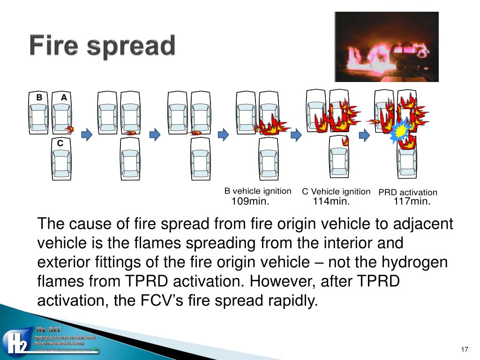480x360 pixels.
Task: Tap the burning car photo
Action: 386,47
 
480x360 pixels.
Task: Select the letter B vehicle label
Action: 39,97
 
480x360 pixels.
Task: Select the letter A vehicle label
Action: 64,97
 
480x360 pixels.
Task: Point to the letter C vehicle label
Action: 60,143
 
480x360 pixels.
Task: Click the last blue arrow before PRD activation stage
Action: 364,135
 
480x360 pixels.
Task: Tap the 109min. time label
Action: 250,202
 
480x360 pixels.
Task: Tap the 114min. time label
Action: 331,202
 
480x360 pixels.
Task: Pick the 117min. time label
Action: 412,202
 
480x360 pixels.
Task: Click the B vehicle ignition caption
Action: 258,191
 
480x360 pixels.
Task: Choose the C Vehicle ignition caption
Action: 336,192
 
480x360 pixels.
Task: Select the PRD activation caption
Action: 408,192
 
